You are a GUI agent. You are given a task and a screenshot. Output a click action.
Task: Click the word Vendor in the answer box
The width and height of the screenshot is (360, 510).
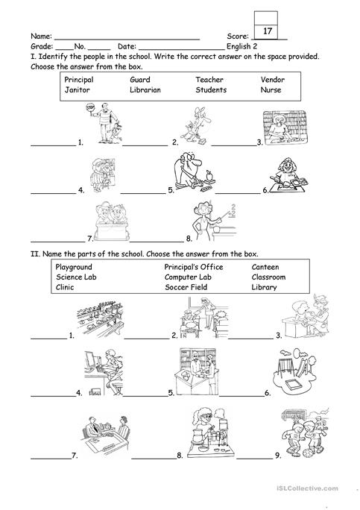pyautogui.click(x=272, y=79)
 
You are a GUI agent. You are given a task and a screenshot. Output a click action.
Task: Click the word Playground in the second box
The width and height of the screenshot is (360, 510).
pyautogui.click(x=74, y=266)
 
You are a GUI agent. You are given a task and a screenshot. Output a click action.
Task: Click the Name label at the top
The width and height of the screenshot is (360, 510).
pyautogui.click(x=41, y=36)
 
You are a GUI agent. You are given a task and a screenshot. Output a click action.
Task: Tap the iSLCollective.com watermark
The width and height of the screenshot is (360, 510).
pyautogui.click(x=318, y=488)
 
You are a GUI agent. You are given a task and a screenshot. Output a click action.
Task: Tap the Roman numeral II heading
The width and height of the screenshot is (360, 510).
pyautogui.click(x=35, y=254)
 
